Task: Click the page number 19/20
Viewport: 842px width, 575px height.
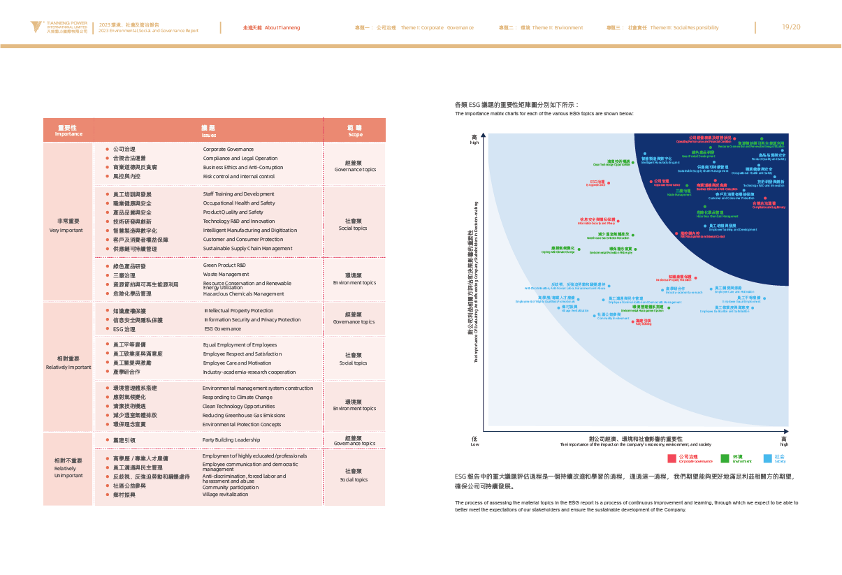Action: click(791, 27)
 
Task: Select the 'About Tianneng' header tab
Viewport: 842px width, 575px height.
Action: click(272, 28)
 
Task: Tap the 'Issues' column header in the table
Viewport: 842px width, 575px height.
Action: click(208, 131)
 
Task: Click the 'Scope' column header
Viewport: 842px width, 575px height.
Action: click(355, 131)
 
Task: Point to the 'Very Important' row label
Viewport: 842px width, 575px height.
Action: click(67, 225)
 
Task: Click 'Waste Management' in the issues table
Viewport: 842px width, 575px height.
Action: click(226, 275)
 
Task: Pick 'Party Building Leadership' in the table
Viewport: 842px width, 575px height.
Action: click(231, 440)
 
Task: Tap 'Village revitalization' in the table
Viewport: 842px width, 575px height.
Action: click(225, 494)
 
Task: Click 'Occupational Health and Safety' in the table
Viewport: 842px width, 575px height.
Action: click(238, 203)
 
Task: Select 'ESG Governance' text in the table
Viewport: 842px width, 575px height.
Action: click(222, 328)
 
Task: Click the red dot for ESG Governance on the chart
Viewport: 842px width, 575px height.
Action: click(609, 183)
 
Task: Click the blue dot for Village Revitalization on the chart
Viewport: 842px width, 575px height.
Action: click(558, 306)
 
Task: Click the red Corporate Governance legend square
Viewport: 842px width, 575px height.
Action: click(672, 458)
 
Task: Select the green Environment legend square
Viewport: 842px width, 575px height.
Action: click(725, 458)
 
